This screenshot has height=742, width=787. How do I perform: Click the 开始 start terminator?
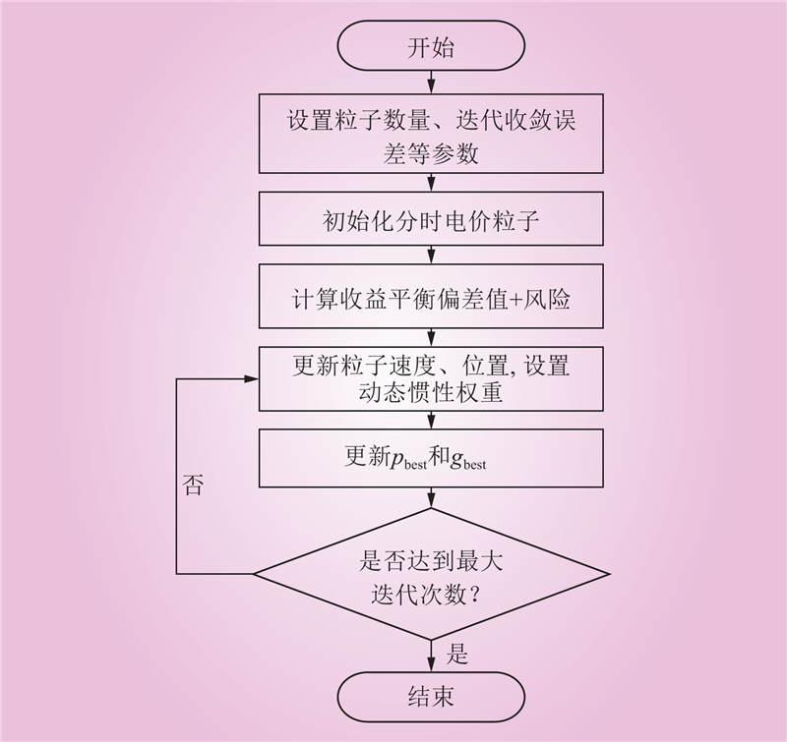pyautogui.click(x=431, y=48)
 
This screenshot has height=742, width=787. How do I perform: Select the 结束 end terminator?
pyautogui.click(x=431, y=697)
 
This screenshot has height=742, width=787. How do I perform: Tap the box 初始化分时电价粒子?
pyautogui.click(x=431, y=220)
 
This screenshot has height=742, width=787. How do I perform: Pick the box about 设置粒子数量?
pyautogui.click(x=431, y=138)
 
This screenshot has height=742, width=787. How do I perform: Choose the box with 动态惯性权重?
pyautogui.click(x=431, y=378)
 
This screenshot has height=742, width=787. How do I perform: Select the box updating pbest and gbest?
pyautogui.click(x=431, y=458)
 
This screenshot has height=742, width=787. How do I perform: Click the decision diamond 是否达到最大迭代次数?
pyautogui.click(x=431, y=575)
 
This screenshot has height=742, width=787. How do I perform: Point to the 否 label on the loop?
pyautogui.click(x=193, y=485)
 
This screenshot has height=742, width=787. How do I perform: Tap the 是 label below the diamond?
pyautogui.click(x=457, y=653)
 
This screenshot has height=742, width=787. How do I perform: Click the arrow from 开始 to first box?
pyautogui.click(x=431, y=83)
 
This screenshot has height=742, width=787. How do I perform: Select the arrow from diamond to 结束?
pyautogui.click(x=431, y=654)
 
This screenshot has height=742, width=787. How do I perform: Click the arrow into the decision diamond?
pyautogui.click(x=431, y=499)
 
